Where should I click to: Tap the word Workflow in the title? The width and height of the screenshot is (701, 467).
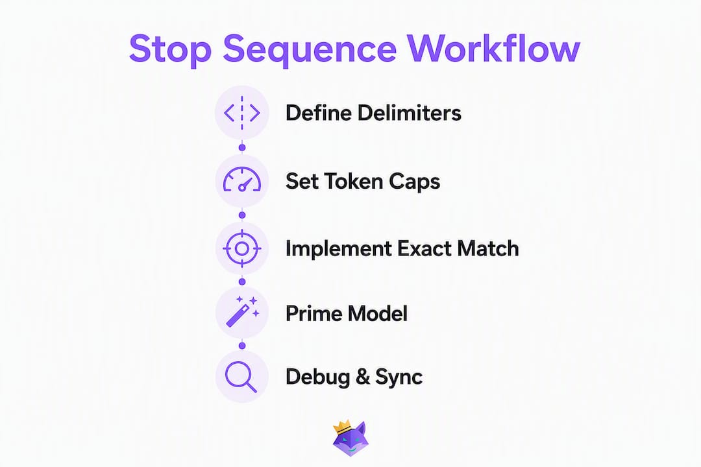pos(493,47)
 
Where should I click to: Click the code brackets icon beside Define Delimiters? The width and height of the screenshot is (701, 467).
pos(242,113)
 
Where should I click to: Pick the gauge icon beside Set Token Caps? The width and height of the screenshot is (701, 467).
pos(242,180)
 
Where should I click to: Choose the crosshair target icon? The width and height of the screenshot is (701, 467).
pos(242,248)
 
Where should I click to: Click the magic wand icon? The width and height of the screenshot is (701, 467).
pos(242,311)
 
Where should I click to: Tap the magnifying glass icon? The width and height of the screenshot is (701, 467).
pos(241,377)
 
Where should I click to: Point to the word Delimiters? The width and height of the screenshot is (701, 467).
pos(409,113)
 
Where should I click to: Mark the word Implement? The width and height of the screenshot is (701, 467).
pos(339,249)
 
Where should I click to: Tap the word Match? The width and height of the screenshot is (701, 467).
pos(488,249)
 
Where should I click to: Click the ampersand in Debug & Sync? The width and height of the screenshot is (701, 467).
pos(363,377)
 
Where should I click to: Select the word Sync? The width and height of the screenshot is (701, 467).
pos(399,377)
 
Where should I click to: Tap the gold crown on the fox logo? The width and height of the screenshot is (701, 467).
pos(343,426)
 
